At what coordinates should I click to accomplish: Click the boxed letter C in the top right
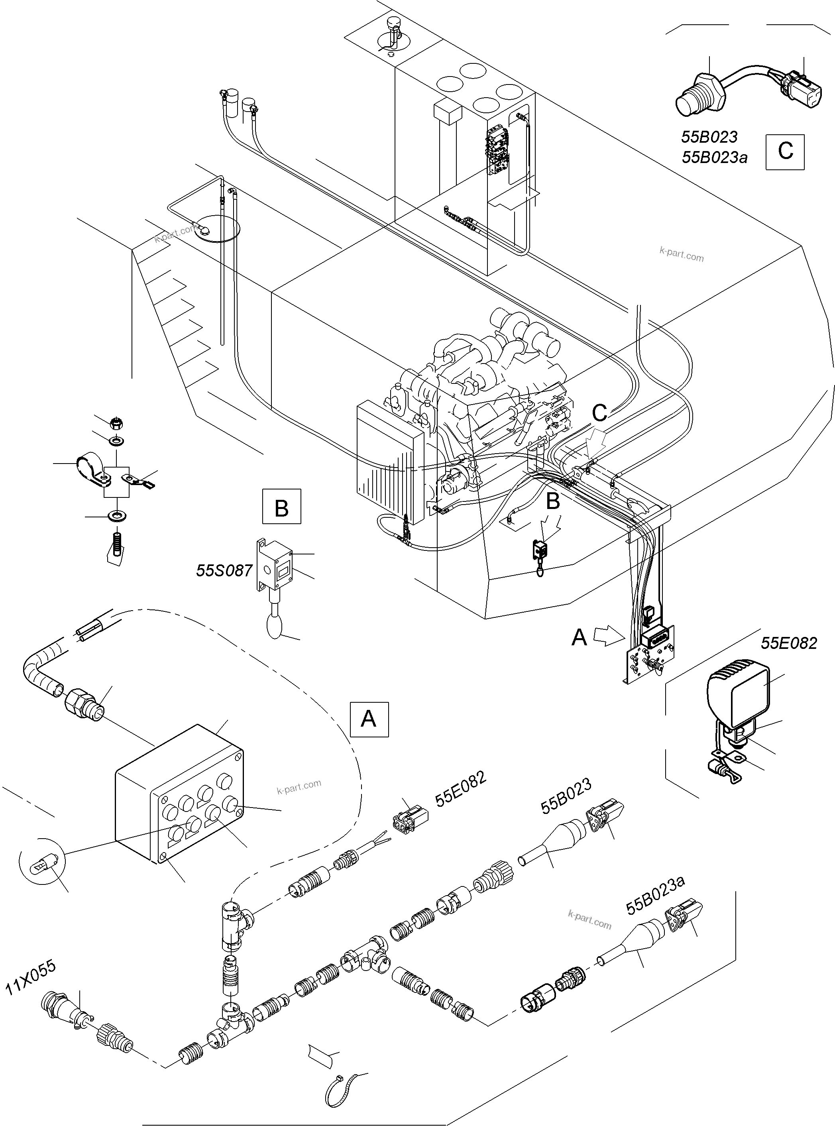tap(785, 151)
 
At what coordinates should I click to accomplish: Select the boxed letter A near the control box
tap(369, 719)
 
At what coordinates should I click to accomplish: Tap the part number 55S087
tap(224, 571)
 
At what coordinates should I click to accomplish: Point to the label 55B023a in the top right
tap(714, 158)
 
